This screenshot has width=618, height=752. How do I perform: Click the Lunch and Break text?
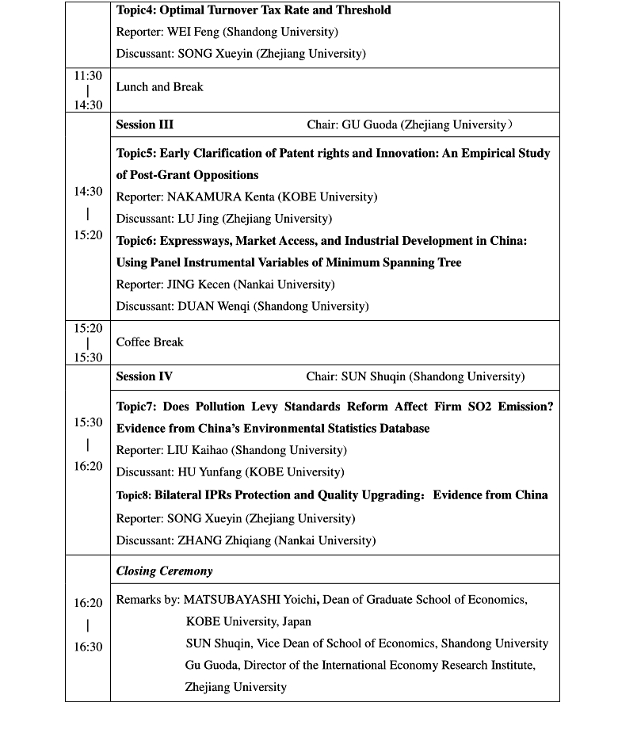tap(159, 87)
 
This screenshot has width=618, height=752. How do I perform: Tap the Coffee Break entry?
tap(150, 342)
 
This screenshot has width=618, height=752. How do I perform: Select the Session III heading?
tap(144, 125)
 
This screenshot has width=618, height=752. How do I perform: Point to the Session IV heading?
tap(143, 377)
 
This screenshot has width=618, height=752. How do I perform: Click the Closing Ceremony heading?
tap(164, 571)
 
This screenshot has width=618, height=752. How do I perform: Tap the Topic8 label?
tap(133, 496)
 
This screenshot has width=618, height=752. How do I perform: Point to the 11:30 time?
tap(88, 76)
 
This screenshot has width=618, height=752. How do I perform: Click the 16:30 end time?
tap(88, 647)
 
